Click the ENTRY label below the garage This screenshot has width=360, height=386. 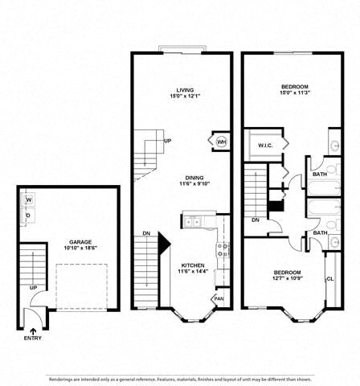tap(34, 339)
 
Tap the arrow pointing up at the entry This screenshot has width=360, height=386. tap(34, 329)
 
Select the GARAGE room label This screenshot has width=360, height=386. tap(80, 241)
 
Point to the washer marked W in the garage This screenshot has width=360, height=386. tap(29, 200)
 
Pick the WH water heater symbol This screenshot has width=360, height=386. tap(221, 142)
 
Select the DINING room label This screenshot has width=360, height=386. tap(194, 178)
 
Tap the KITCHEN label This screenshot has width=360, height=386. tap(192, 265)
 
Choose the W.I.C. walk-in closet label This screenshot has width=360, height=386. tap(266, 146)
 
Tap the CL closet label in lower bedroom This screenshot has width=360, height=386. tap(329, 278)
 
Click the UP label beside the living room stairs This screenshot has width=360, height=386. tap(167, 141)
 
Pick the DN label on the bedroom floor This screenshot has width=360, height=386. tap(255, 220)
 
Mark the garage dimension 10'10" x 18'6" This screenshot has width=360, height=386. tap(80, 248)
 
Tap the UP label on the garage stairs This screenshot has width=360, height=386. tap(33, 287)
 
